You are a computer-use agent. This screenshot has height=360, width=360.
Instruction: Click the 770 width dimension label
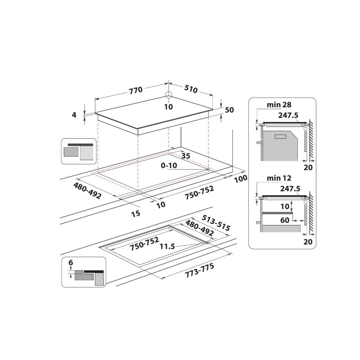pyautogui.click(x=135, y=90)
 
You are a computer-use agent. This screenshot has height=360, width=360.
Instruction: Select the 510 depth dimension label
pyautogui.click(x=191, y=89)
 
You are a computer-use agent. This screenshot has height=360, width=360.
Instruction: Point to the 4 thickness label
pyautogui.click(x=74, y=115)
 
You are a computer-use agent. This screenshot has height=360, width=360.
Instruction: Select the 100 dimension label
pyautogui.click(x=241, y=179)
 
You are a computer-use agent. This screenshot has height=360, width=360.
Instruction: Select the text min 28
pyautogui.click(x=278, y=105)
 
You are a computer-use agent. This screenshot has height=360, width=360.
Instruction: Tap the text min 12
pyautogui.click(x=278, y=178)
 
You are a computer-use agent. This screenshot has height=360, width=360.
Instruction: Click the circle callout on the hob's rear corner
pyautogui.click(x=169, y=95)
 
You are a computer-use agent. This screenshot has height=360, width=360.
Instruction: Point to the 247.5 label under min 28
pyautogui.click(x=288, y=115)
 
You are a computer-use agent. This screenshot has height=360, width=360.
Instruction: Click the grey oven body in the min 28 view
pyautogui.click(x=279, y=146)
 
